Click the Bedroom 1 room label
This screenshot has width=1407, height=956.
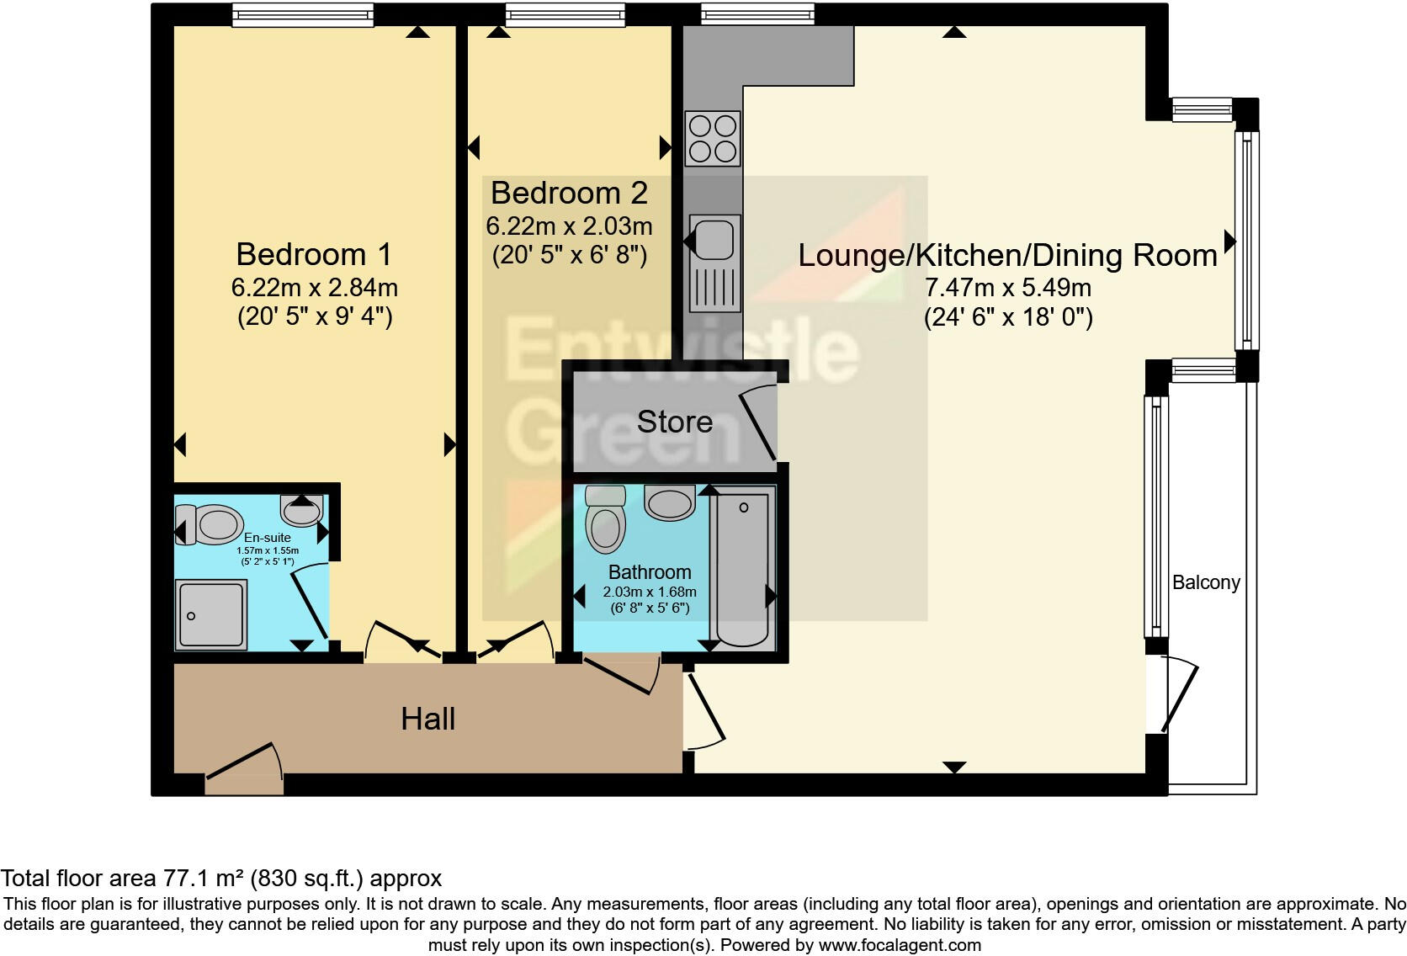tap(313, 254)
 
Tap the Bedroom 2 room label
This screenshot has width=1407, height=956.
tap(569, 193)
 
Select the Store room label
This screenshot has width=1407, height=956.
tap(674, 422)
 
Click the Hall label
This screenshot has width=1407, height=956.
tap(427, 719)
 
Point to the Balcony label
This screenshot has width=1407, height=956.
tap(1206, 582)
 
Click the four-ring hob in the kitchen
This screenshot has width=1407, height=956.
tap(712, 138)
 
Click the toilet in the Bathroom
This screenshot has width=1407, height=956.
tap(606, 518)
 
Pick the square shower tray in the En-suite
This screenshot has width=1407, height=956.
tap(210, 614)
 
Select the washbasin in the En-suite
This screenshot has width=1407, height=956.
tap(301, 509)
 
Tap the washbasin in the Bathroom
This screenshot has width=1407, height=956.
tap(670, 502)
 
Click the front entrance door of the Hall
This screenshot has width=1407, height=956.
tap(244, 770)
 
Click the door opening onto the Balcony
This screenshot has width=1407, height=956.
tap(1178, 695)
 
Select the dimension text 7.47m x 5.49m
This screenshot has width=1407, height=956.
tap(1007, 288)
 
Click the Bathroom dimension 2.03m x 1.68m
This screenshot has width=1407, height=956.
tap(649, 592)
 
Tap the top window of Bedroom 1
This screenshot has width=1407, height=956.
tap(302, 14)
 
